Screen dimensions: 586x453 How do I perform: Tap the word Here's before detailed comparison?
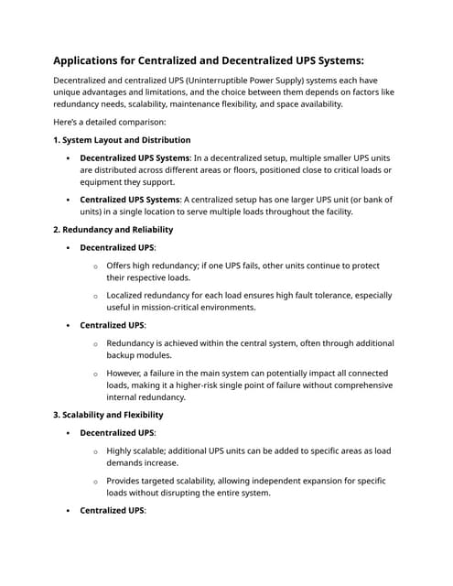click(70, 122)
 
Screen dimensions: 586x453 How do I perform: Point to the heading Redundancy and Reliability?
click(119, 229)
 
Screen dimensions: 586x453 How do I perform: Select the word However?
click(127, 374)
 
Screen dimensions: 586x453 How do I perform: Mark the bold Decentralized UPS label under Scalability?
click(117, 433)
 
